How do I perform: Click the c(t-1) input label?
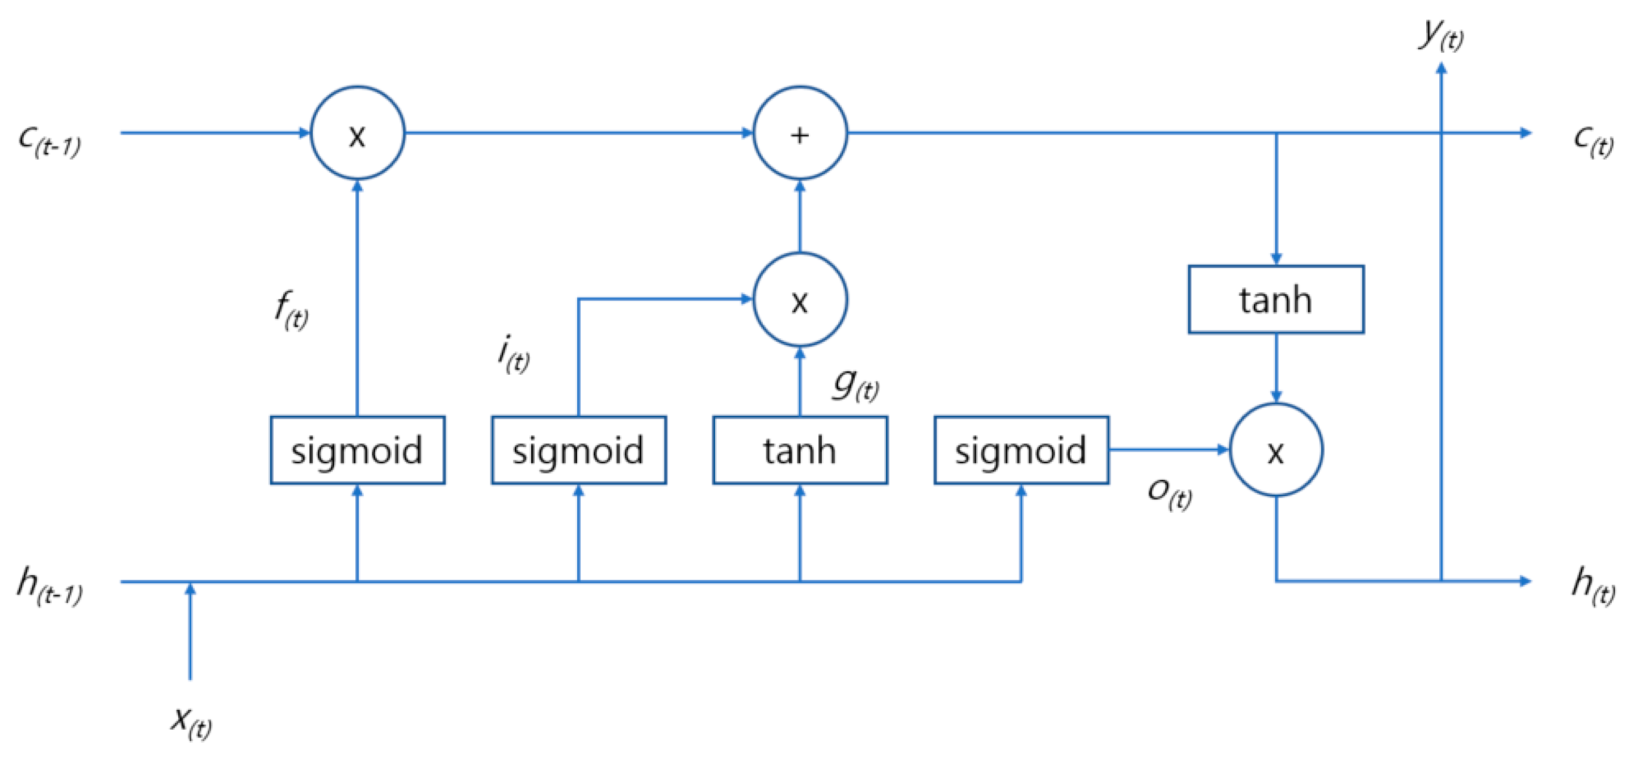50,140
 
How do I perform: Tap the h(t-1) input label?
50,586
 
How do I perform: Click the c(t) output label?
1592,140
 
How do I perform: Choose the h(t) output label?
1592,586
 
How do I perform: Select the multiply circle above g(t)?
800,299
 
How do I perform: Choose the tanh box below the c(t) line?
1276,299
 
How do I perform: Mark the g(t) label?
855,385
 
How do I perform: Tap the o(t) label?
1169,493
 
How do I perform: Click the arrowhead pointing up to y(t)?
1441,68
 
